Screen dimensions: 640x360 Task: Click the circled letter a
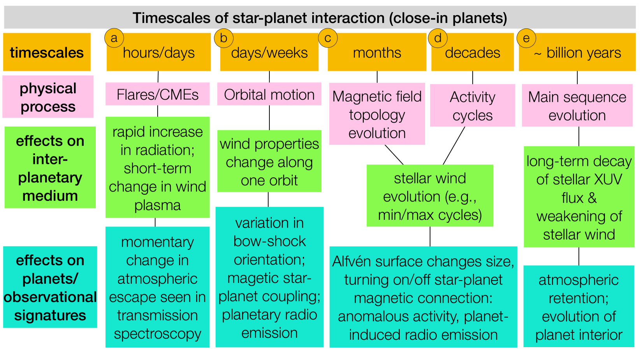(x=114, y=38)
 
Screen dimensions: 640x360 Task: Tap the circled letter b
(x=224, y=38)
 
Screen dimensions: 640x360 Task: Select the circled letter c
(x=328, y=38)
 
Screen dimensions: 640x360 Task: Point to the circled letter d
(x=438, y=38)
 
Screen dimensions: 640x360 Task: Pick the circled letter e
(x=526, y=38)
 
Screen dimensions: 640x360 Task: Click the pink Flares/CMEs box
(x=157, y=94)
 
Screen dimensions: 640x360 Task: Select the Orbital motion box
(x=269, y=94)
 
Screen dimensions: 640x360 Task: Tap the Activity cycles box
(x=473, y=105)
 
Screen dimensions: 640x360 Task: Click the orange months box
(x=377, y=52)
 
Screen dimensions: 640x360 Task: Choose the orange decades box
(x=473, y=52)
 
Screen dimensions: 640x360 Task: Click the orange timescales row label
(x=47, y=52)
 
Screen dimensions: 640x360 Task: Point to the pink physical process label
(x=48, y=97)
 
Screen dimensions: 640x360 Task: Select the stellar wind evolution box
(x=430, y=196)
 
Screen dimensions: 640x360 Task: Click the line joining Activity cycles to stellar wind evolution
(x=454, y=146)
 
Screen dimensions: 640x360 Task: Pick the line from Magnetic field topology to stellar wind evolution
(x=394, y=155)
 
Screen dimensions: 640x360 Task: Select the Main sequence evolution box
(x=577, y=105)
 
